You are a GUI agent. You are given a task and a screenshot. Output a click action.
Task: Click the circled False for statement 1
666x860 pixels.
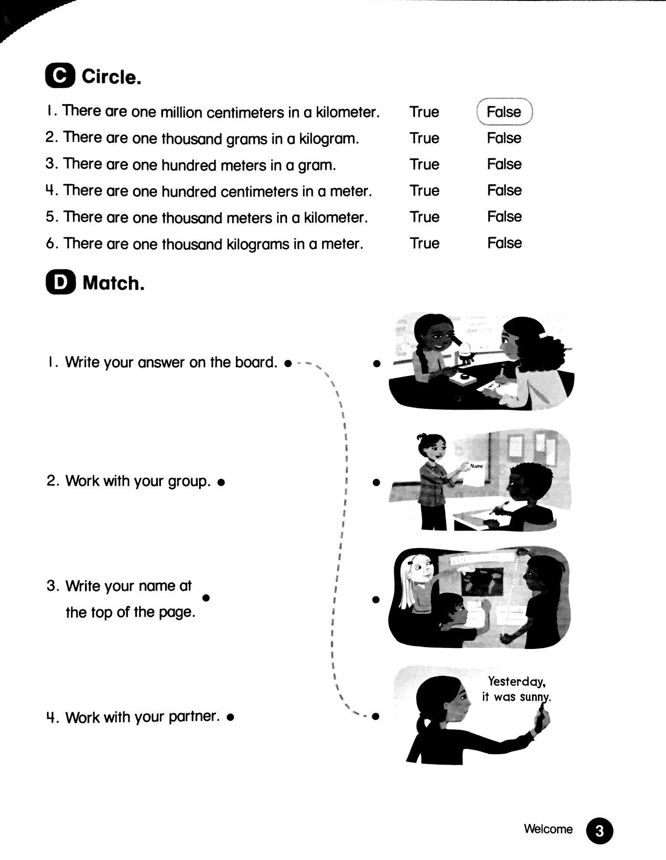pos(504,112)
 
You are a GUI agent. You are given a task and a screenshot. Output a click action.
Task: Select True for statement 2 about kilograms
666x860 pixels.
pos(424,138)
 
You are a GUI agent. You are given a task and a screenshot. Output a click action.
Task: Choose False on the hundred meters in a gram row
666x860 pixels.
pos(504,164)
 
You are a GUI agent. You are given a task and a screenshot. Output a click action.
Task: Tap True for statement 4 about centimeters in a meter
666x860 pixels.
pos(424,191)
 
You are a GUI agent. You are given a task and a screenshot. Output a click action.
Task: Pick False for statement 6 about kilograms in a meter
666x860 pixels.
pos(504,243)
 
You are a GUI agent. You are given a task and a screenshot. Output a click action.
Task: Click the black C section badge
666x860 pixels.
pos(60,76)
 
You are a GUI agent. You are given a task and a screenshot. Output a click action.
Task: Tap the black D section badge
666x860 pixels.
pos(60,283)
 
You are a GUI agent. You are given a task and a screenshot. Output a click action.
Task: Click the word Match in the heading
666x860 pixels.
pos(113,283)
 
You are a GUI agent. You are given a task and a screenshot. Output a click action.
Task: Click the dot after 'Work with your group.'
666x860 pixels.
pos(222,482)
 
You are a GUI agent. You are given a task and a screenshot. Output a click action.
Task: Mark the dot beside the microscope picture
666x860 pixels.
pos(376,364)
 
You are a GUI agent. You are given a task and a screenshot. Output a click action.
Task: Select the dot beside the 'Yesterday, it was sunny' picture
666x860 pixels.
pos(375,717)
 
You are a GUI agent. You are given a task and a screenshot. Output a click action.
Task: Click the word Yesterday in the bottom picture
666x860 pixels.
pos(516,682)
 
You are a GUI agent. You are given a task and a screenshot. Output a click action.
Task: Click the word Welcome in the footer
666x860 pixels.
pos(548,829)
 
